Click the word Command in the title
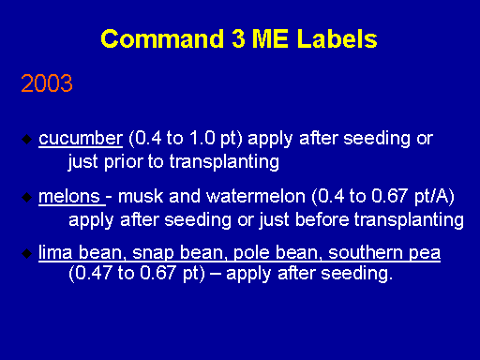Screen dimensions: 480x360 coord(162,39)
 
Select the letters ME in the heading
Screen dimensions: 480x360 coord(270,39)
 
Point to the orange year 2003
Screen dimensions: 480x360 coord(47,83)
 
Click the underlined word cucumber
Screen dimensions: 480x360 coord(81,138)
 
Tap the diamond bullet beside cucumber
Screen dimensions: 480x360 coord(27,139)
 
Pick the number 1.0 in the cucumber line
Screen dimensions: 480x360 coord(202,138)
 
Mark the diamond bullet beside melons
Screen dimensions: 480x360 coord(27,197)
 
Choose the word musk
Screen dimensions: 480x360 coord(141,197)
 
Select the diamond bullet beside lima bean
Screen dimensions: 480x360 coord(27,253)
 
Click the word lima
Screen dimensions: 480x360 coord(55,252)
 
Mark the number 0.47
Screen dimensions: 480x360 coord(94,273)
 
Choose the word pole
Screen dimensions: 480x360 coord(251,253)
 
